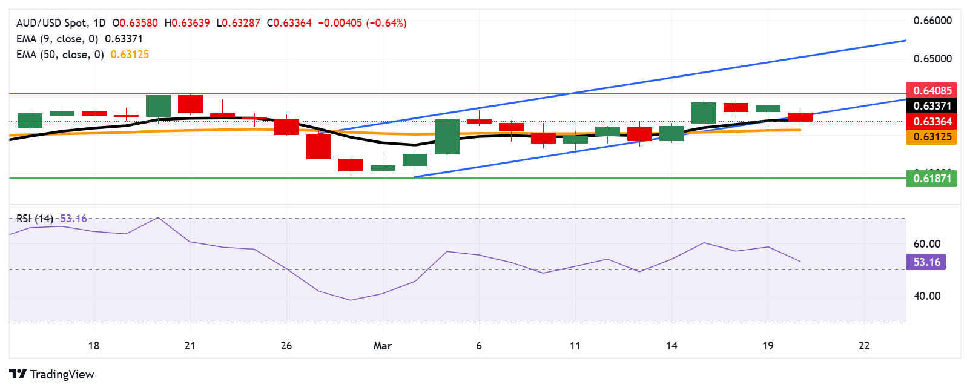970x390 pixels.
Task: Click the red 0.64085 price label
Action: click(x=931, y=90)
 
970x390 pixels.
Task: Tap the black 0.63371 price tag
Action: click(x=931, y=105)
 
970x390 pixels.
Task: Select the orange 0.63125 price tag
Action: click(x=931, y=137)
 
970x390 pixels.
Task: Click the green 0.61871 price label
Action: click(x=931, y=178)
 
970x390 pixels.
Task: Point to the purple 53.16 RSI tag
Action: click(x=926, y=262)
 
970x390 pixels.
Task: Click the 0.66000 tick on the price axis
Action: click(x=932, y=21)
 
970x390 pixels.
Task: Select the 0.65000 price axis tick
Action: click(x=932, y=59)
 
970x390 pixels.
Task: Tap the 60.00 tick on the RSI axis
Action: click(x=926, y=244)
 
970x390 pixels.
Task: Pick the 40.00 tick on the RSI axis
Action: click(x=926, y=296)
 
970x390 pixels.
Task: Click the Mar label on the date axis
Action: click(x=382, y=346)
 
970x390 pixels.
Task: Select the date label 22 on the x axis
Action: click(x=864, y=346)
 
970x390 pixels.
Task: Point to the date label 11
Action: click(x=575, y=346)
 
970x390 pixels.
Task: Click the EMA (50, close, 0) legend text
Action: click(x=59, y=55)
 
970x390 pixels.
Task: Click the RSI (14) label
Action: click(x=35, y=219)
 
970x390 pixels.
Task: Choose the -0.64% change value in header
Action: click(x=386, y=23)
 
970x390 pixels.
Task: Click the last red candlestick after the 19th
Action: click(x=800, y=117)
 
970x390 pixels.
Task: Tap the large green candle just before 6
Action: click(x=447, y=137)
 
